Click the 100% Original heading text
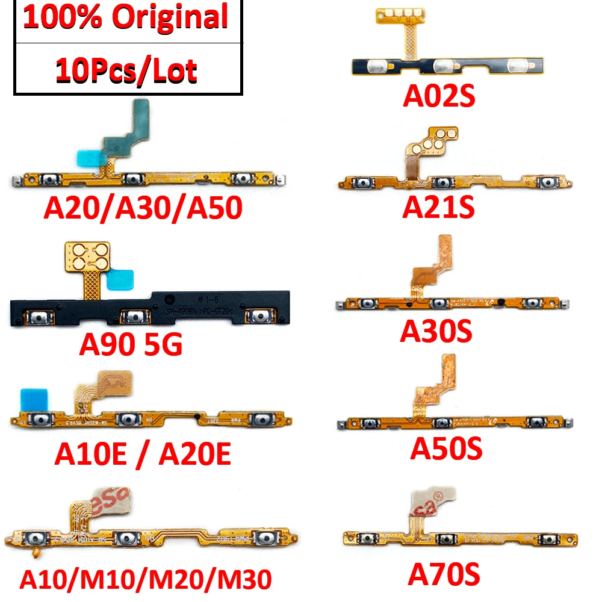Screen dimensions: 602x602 pos(126,17)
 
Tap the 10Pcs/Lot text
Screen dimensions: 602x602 pos(126,71)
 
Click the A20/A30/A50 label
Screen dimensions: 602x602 pos(143,208)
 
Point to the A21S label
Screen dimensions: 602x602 pos(438,208)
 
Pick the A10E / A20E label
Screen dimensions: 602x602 pos(143,455)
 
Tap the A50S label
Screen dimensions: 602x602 pos(446,449)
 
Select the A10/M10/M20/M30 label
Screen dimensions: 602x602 pos(146,580)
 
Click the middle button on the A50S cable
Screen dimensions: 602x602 pos(442,423)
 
